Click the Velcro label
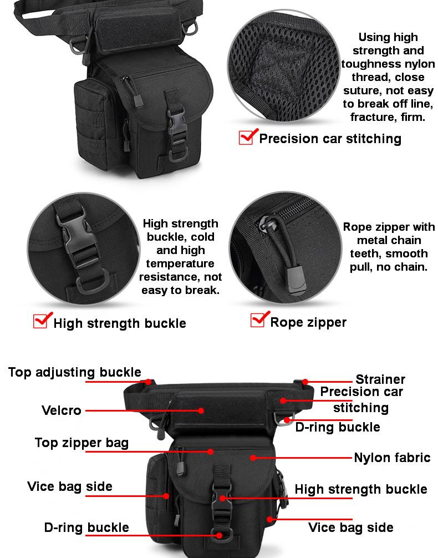tap(61, 410)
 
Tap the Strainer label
tap(380, 379)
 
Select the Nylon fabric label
tap(392, 457)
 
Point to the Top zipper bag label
tap(82, 443)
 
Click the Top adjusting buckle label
tap(75, 372)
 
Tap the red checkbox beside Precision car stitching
tap(248, 136)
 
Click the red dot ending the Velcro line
tap(201, 410)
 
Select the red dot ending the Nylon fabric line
tap(253, 458)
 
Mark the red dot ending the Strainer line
tap(305, 382)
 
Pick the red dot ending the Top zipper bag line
tap(211, 452)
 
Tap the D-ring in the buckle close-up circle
tap(93, 282)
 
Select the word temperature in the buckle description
tap(180, 263)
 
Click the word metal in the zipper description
tap(373, 240)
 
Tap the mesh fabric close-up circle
tap(284, 66)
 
